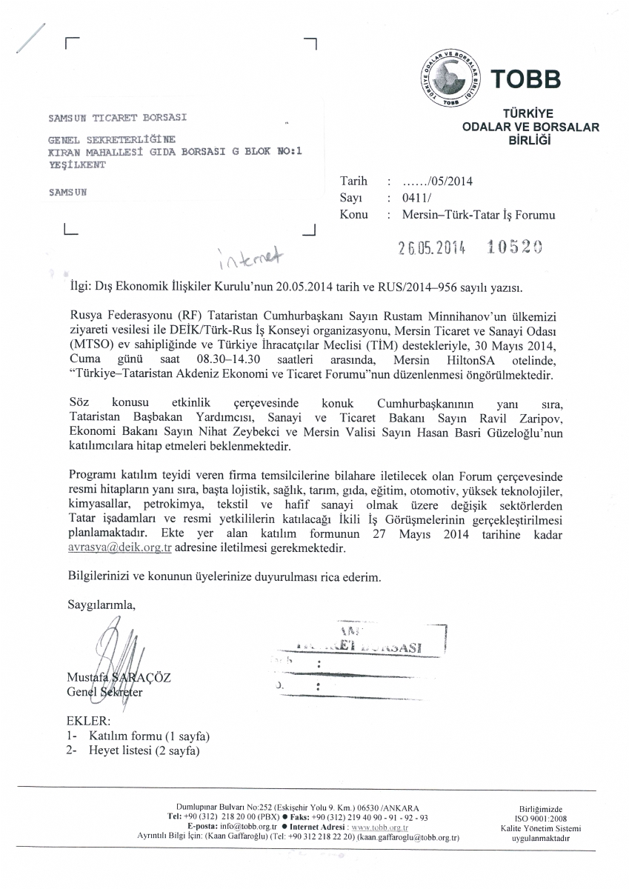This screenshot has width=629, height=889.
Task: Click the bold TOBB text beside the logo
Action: [x=527, y=79]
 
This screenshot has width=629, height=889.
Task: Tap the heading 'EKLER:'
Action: [x=89, y=721]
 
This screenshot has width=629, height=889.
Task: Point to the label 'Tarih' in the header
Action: [x=353, y=181]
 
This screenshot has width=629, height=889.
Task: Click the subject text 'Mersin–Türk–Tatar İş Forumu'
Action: [x=478, y=215]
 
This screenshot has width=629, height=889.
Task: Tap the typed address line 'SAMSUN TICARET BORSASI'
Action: [x=117, y=117]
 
